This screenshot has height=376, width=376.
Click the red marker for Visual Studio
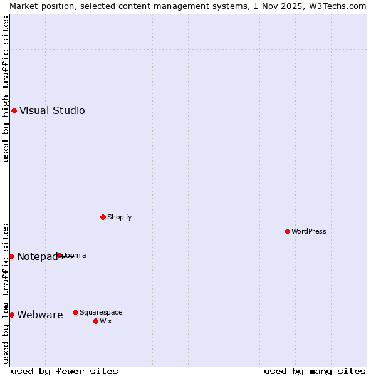tap(14, 111)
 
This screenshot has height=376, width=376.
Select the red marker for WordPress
tap(288, 231)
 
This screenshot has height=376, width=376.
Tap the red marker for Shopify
tap(103, 217)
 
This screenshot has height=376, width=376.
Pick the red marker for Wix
tap(95, 321)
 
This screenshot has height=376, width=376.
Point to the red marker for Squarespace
tap(75, 312)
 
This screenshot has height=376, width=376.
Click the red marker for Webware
tap(11, 315)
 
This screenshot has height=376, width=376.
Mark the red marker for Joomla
tap(60, 255)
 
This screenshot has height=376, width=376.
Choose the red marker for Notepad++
tap(11, 256)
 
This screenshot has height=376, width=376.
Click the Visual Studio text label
tap(52, 111)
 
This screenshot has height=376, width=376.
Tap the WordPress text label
tap(309, 231)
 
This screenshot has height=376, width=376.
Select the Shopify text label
tap(120, 217)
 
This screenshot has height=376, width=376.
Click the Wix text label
tap(106, 321)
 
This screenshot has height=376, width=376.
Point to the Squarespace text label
tap(101, 312)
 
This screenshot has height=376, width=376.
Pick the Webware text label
tap(40, 315)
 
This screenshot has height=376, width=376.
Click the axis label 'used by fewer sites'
tap(65, 371)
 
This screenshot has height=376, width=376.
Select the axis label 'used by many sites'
tap(315, 371)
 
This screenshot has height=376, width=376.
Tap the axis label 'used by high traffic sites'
tap(6, 89)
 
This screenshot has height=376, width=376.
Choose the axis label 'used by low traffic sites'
tap(6, 293)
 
